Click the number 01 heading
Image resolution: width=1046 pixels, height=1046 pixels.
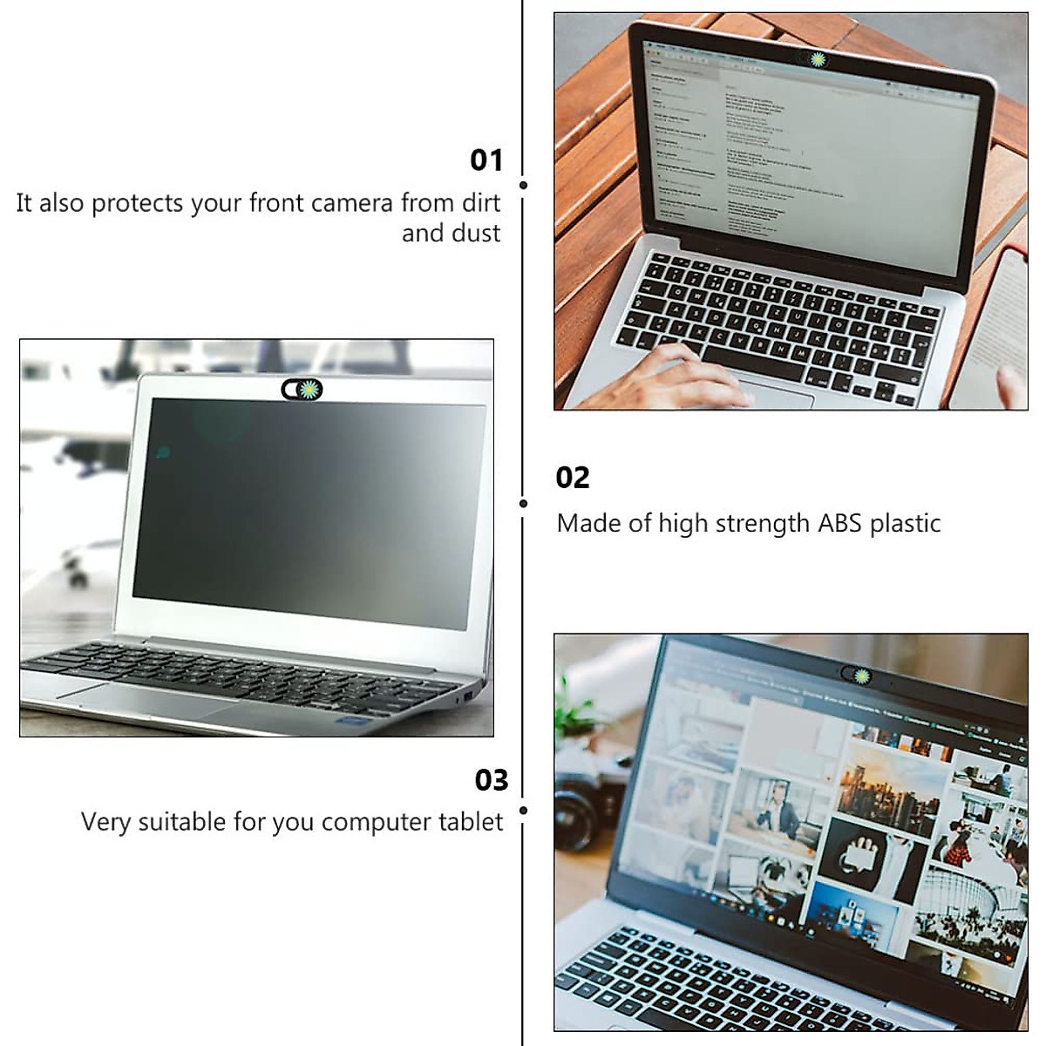[486, 160]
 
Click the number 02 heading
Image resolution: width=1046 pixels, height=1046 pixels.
[573, 478]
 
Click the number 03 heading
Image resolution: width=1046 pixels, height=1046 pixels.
[492, 779]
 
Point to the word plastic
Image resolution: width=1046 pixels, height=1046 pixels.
[906, 524]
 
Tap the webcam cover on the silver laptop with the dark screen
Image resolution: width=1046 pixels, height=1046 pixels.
[302, 390]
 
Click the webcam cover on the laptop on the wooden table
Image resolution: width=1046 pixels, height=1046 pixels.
[816, 59]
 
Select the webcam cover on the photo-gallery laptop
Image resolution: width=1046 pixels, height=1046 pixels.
[856, 674]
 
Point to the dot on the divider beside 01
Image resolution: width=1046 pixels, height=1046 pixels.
[523, 185]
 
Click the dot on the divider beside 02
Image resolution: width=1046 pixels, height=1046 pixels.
[523, 503]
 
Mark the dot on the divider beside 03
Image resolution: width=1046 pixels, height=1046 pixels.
[523, 810]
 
